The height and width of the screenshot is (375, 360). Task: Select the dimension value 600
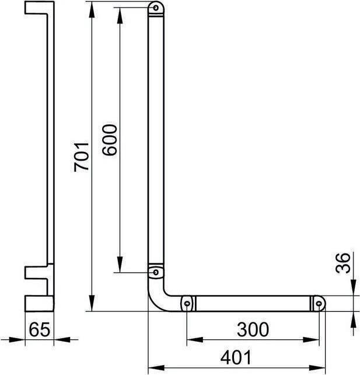pos(110,139)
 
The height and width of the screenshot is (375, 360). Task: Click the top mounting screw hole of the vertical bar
pos(155,8)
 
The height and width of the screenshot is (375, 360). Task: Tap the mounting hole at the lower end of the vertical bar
pos(155,272)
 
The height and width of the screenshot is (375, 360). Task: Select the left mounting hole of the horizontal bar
pos(187,304)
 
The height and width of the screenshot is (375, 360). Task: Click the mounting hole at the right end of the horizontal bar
pos(319,304)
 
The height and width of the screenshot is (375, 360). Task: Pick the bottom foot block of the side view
pos(39,304)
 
